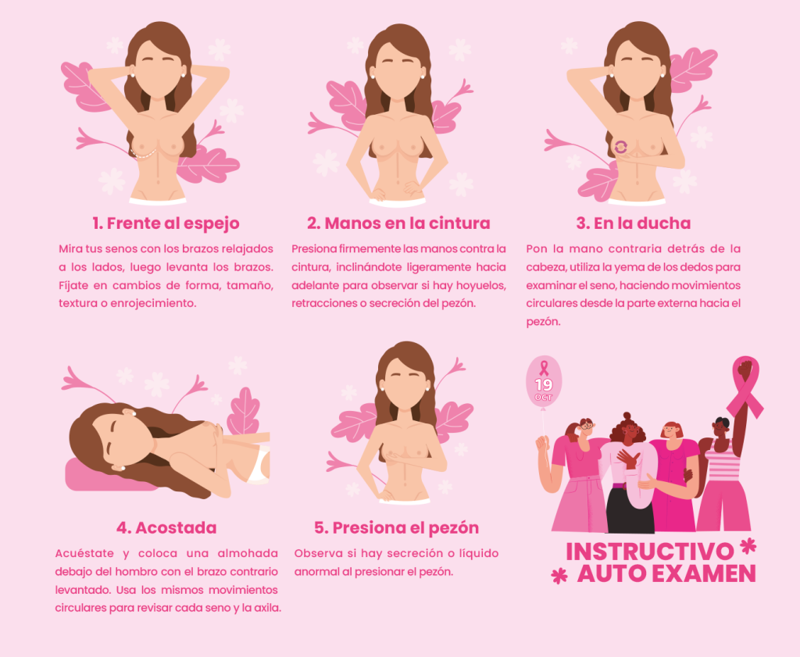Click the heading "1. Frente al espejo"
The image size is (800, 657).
click(x=166, y=223)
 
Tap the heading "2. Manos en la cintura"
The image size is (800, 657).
click(x=398, y=223)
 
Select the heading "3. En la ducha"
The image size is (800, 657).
click(x=633, y=223)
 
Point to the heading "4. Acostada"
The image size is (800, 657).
click(x=166, y=527)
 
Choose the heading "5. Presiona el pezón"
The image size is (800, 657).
click(x=396, y=528)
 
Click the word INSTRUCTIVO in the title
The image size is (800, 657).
click(x=649, y=552)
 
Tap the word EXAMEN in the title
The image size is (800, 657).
click(x=704, y=574)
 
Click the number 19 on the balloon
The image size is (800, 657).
click(x=544, y=384)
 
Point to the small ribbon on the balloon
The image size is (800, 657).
click(x=544, y=368)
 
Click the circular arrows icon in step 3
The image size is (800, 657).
click(x=621, y=147)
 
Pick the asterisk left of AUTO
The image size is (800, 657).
click(x=559, y=576)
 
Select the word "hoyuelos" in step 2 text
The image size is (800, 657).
click(x=480, y=286)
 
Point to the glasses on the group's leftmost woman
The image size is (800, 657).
click(x=587, y=424)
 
